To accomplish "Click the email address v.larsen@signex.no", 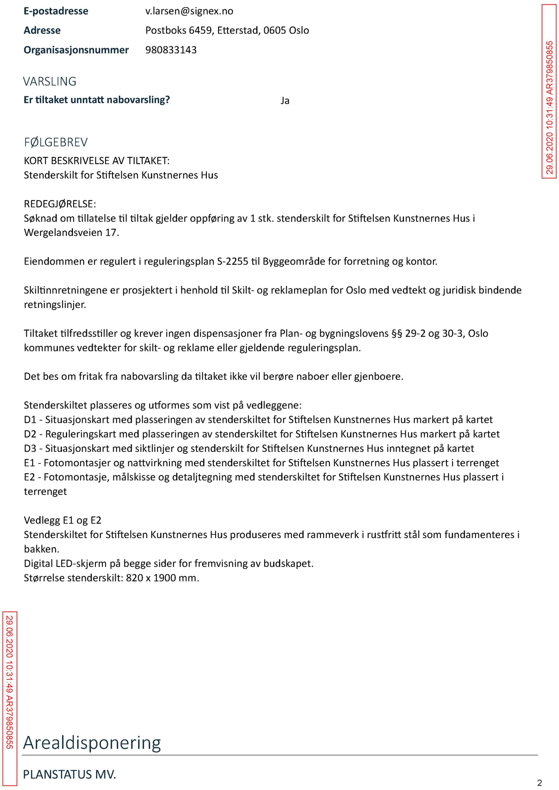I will [189, 11].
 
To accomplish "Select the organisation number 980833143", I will [171, 50].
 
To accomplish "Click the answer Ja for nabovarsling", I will [285, 101].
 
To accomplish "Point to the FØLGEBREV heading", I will [56, 142].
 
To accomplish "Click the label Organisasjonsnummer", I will [76, 50].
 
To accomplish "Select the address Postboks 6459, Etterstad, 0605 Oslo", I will [227, 31].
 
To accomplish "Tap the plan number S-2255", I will [232, 261].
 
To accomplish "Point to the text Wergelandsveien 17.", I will [71, 233].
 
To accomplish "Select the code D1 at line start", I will [30, 420].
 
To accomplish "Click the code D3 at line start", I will [30, 448].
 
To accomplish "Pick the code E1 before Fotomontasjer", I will [30, 463].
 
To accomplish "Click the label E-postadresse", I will [56, 11].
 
